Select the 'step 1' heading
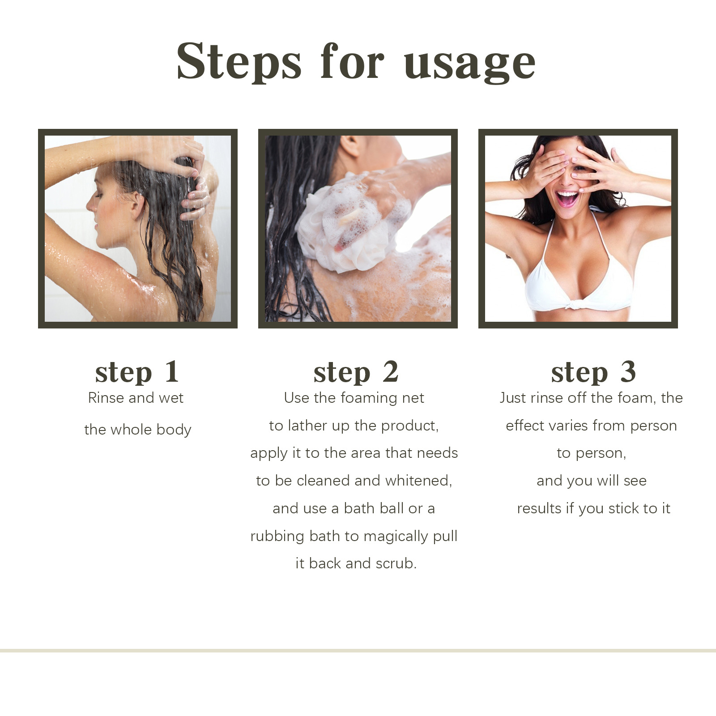(137, 372)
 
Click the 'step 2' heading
(356, 372)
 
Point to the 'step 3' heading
(593, 372)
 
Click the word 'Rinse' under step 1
(106, 398)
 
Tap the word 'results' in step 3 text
(539, 508)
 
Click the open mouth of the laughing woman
(567, 198)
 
